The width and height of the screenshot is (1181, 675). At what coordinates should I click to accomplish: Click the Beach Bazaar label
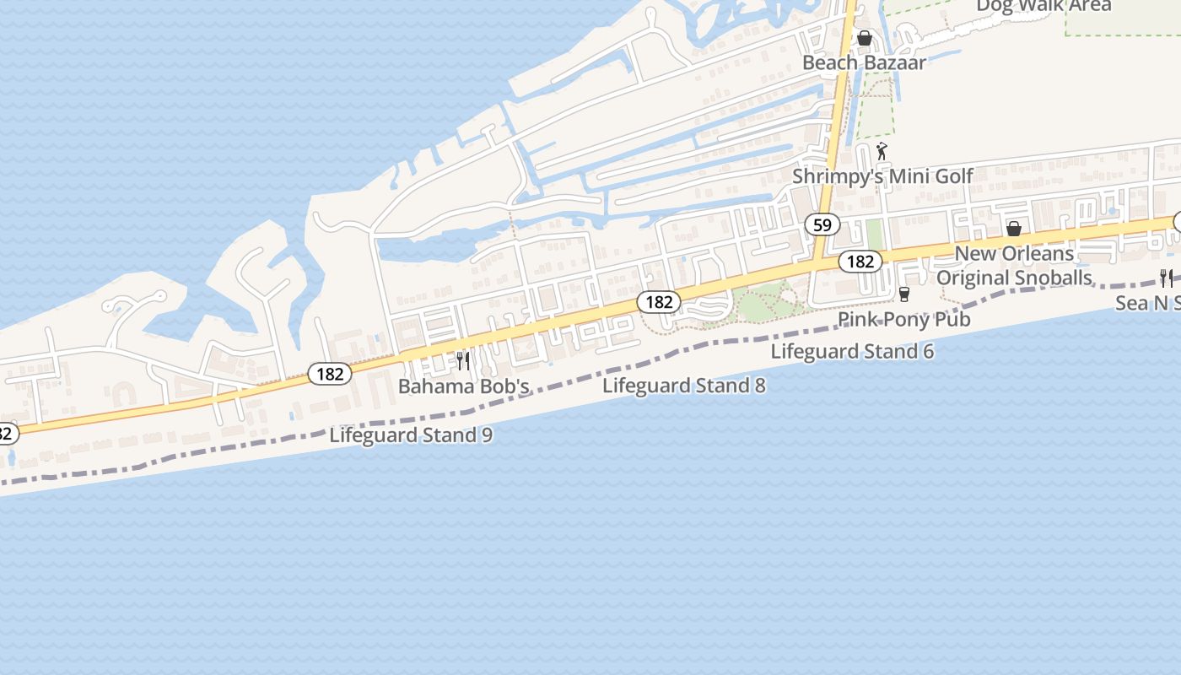pos(864,62)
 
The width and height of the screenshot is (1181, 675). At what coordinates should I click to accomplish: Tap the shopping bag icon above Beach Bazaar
pos(864,38)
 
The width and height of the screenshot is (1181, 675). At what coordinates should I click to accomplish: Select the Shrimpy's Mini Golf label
pos(882,176)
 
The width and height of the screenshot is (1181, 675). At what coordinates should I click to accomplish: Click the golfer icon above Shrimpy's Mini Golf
pos(882,152)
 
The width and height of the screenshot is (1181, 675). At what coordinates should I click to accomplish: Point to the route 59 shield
pos(822,224)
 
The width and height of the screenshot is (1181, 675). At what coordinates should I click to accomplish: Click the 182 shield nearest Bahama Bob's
pos(329,374)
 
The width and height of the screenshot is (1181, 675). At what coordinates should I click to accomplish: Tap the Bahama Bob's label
pos(463,386)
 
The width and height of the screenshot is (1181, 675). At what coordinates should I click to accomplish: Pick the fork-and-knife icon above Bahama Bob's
pos(463,361)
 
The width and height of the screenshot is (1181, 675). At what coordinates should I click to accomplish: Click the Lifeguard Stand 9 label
pos(411,435)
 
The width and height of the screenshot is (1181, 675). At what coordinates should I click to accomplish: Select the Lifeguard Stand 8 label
pos(684,386)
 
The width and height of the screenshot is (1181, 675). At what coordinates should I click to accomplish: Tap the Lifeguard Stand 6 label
pos(852,351)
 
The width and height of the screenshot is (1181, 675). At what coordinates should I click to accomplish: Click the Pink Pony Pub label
pos(903,319)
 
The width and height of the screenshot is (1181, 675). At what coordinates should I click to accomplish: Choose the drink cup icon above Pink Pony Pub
pos(904,294)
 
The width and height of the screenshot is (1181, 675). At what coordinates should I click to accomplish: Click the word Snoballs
pos(1051,278)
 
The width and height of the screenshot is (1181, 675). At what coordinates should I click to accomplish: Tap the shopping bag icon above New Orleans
pos(1014,229)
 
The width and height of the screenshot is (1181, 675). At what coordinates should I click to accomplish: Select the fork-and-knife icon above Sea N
pos(1167,277)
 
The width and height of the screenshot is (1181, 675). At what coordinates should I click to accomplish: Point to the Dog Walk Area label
pos(1043,7)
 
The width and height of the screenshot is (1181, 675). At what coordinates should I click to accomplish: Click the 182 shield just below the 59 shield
pos(860,262)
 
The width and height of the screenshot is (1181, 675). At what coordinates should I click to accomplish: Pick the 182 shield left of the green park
pos(658,302)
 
